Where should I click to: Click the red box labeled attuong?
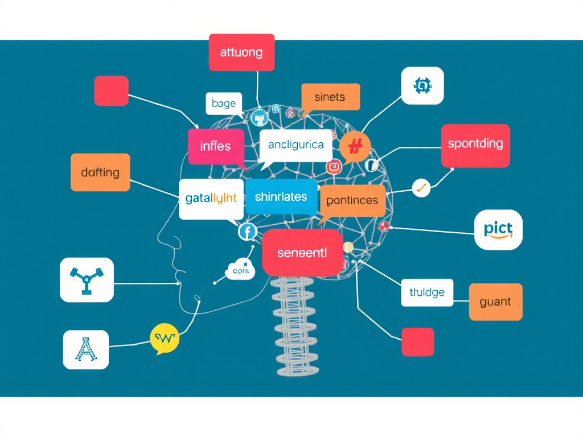[242, 53]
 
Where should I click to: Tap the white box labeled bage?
[223, 103]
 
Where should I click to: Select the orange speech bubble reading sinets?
[330, 97]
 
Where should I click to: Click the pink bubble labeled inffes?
[216, 146]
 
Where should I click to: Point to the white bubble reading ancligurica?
[295, 145]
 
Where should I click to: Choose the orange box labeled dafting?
[100, 172]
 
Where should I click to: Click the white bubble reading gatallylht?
[211, 199]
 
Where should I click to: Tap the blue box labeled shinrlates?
[281, 197]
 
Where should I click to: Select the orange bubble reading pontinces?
[352, 200]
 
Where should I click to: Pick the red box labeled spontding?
[475, 144]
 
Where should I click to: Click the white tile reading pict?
[498, 230]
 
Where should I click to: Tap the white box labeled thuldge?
[427, 292]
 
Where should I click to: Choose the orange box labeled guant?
[495, 302]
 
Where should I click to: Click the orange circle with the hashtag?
[355, 147]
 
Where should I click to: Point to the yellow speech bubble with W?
[165, 339]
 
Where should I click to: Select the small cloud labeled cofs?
[241, 271]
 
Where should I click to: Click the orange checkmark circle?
[421, 187]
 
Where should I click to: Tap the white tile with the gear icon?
[422, 86]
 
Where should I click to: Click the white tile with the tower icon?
[85, 350]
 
